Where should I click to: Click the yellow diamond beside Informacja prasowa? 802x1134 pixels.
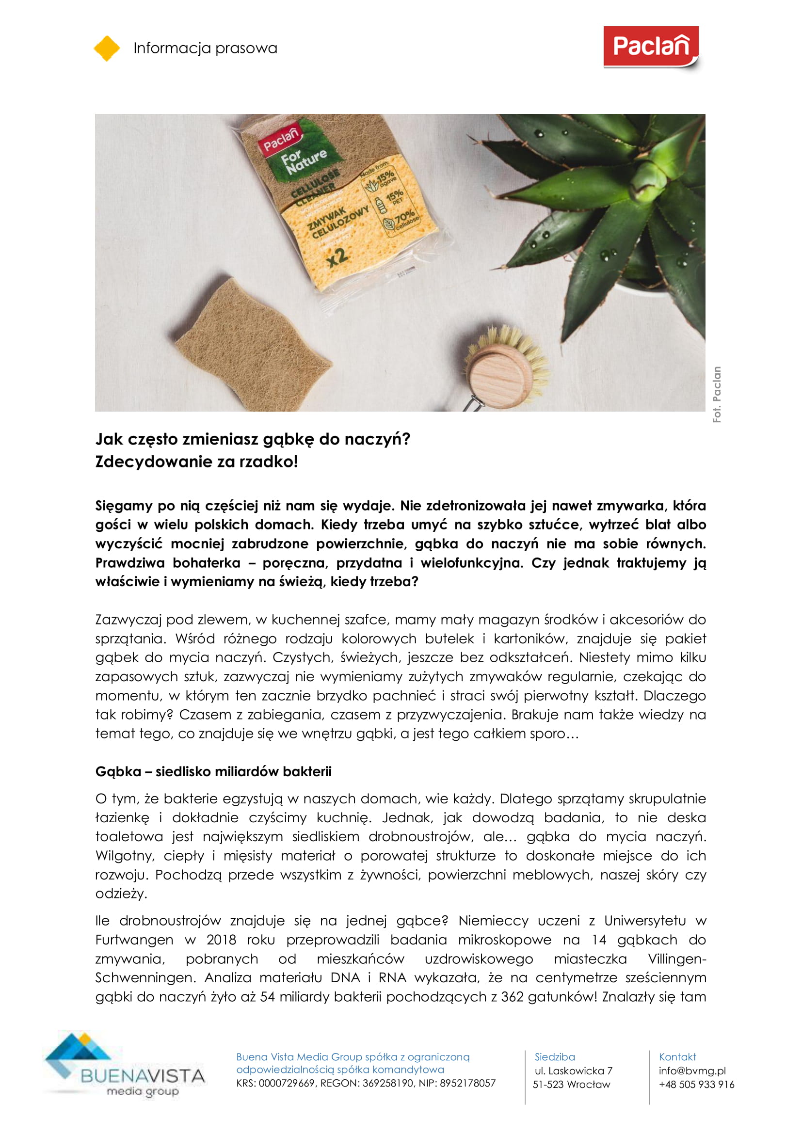(x=107, y=48)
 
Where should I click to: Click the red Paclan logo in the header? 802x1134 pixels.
(x=650, y=47)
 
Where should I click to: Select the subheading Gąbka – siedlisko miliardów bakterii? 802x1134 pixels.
(x=213, y=771)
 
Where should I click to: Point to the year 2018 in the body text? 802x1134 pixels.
(x=221, y=940)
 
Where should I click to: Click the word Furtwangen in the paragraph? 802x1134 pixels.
(x=134, y=940)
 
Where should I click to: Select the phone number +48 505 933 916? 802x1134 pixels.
(x=696, y=1085)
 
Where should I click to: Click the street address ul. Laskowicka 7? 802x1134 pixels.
(x=573, y=1071)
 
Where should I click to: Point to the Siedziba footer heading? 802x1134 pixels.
(x=555, y=1057)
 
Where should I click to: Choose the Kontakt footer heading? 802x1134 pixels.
(x=677, y=1057)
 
